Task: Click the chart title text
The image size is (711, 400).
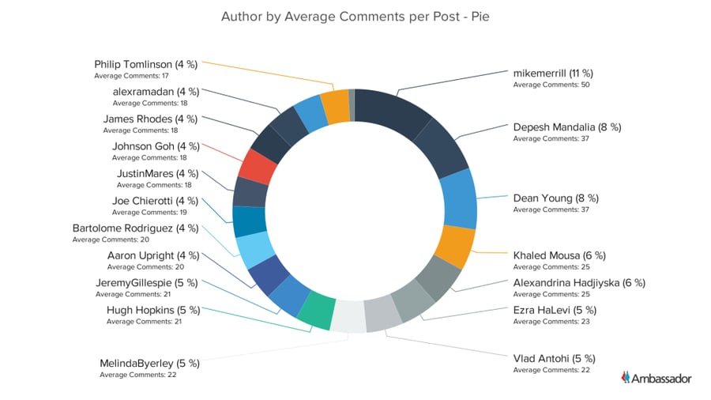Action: pos(355,16)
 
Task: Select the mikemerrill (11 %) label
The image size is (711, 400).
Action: pos(555,73)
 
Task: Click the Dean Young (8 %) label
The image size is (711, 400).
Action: pos(556,198)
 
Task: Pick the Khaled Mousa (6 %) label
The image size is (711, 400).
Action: pos(559,255)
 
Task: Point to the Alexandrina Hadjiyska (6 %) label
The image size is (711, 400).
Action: pos(579,282)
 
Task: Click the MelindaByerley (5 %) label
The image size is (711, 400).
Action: pos(149,363)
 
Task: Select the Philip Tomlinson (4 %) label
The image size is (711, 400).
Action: pos(145,64)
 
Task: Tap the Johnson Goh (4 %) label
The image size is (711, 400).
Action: pos(156,146)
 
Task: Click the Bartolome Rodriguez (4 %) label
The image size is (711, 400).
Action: pos(136,228)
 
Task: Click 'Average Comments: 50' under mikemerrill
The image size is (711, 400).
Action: pos(551,85)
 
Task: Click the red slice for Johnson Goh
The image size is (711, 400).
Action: pos(257,167)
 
